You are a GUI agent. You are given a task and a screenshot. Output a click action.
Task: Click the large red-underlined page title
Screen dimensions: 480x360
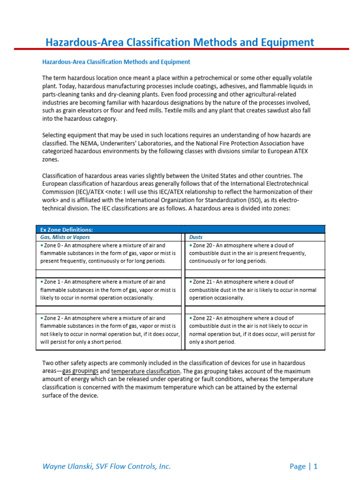[x=180, y=43]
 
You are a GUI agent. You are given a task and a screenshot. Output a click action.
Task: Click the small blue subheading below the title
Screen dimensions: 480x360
[x=116, y=62]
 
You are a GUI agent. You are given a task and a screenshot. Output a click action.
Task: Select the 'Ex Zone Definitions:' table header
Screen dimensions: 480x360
[x=67, y=230]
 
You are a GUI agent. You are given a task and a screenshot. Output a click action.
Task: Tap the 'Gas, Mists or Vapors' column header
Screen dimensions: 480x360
[x=65, y=237]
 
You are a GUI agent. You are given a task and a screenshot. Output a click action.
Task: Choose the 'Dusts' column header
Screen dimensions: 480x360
[x=196, y=237]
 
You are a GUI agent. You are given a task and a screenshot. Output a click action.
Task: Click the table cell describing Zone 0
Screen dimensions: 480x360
[x=108, y=253]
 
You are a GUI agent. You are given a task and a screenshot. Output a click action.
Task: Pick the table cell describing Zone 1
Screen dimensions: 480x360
[x=108, y=290]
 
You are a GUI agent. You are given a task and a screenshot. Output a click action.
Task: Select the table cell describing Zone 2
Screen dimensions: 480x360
[x=108, y=330]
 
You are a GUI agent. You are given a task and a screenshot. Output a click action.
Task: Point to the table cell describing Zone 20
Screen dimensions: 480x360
[x=255, y=253]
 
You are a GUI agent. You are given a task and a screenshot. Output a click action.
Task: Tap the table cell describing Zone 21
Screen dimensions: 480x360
[x=255, y=290]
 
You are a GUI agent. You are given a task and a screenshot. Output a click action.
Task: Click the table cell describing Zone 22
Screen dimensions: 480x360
[x=255, y=330]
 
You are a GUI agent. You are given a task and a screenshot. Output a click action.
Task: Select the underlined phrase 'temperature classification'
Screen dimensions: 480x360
[x=145, y=371]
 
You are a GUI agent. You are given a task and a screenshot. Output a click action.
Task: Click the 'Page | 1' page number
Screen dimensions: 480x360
[x=303, y=466]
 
